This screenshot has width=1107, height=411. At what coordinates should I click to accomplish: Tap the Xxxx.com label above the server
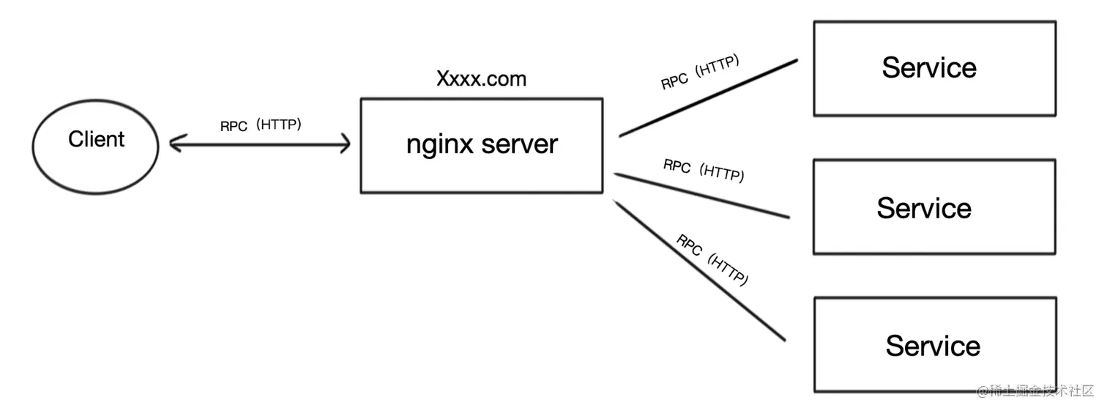(481, 79)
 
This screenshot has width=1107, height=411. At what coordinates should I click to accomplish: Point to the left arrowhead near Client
(174, 144)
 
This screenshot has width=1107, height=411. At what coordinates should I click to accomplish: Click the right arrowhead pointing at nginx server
(346, 144)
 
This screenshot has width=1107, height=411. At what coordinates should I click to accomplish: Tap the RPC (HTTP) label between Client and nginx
(261, 125)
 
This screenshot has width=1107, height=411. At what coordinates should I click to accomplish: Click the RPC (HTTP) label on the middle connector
(704, 170)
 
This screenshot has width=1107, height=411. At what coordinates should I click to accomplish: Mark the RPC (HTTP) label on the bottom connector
(712, 260)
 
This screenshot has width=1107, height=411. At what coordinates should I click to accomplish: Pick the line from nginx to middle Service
(701, 196)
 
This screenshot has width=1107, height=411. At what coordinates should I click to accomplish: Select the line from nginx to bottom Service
(699, 270)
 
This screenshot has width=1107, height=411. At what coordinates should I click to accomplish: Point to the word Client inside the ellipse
(97, 139)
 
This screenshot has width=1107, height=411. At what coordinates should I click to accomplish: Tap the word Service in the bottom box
(933, 346)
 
